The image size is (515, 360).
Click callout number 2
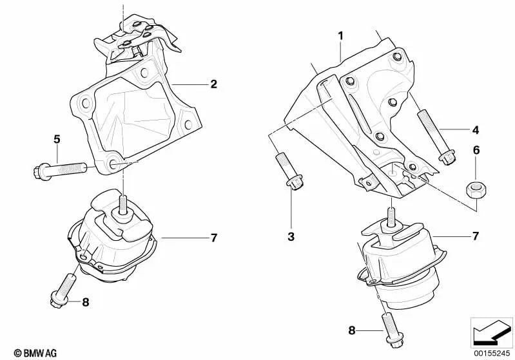(213, 84)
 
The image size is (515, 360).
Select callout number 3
(291, 237)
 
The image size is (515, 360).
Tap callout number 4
(475, 130)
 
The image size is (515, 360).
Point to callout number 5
(57, 138)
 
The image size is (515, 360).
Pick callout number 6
(476, 150)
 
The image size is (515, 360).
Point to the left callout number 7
(213, 238)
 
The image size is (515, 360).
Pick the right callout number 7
(475, 236)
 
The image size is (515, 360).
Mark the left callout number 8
(85, 301)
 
